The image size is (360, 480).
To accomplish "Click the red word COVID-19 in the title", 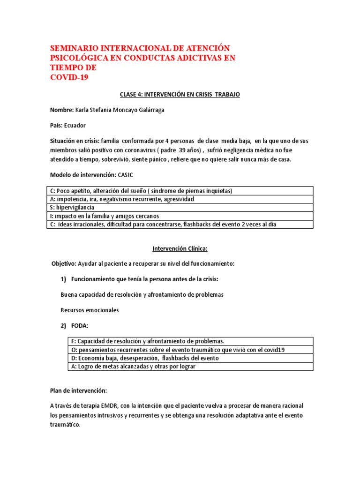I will [x=69, y=78].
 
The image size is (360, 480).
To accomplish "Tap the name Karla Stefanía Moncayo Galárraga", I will [x=120, y=110].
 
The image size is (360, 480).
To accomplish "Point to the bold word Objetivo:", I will [x=64, y=264].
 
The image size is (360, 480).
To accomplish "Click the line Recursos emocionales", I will [x=90, y=310].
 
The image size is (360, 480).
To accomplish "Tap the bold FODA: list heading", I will [x=80, y=326].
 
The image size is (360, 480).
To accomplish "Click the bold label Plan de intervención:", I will [x=79, y=390].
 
